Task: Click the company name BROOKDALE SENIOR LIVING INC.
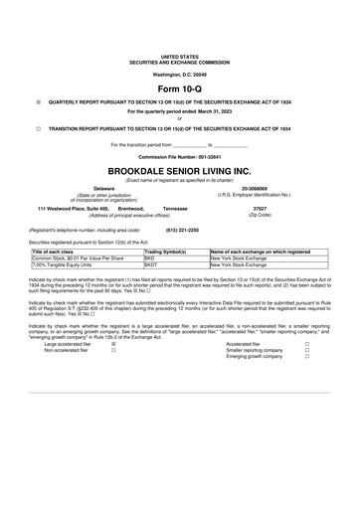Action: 179,170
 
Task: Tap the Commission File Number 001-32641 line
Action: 179,157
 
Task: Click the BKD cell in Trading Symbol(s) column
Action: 150,258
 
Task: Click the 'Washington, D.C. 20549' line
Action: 179,75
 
